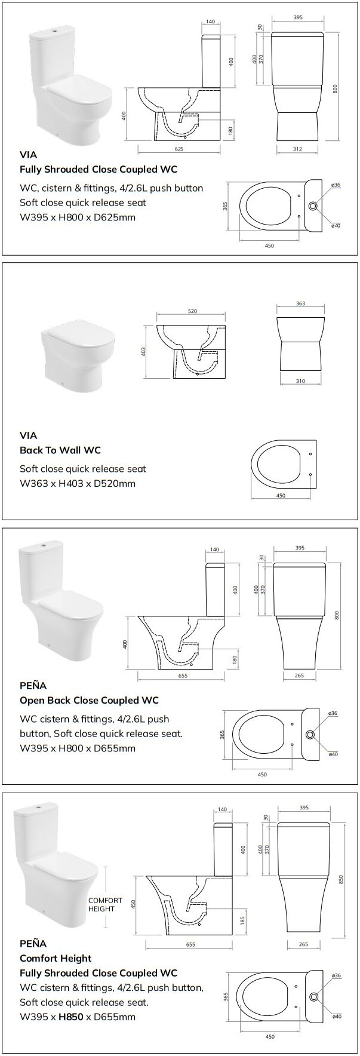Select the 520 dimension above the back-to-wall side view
click(x=192, y=311)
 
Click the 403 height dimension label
click(x=143, y=352)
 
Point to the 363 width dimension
click(x=300, y=303)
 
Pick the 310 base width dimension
click(x=300, y=381)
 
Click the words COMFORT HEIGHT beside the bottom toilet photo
click(x=105, y=904)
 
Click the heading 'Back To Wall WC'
click(x=60, y=450)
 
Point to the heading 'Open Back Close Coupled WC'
click(x=89, y=700)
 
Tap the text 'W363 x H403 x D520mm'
click(x=78, y=483)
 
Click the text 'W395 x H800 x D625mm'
click(x=78, y=217)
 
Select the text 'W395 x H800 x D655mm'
click(x=78, y=748)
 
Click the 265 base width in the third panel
click(x=300, y=676)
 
